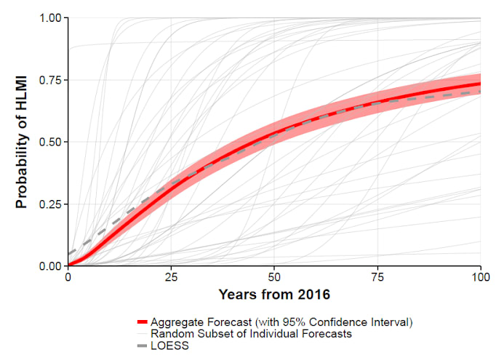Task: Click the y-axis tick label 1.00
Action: [50, 17]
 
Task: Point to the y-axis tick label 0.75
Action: [50, 80]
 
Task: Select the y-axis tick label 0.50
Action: [50, 142]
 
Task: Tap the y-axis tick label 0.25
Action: [50, 204]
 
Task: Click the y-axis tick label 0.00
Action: [50, 266]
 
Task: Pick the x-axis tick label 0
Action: [68, 278]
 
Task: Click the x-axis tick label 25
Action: [171, 278]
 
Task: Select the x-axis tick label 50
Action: [274, 278]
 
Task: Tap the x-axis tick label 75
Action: [377, 278]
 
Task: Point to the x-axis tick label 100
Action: [480, 278]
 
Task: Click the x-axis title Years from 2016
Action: [274, 295]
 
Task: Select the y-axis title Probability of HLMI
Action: [22, 142]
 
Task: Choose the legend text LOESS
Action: [169, 346]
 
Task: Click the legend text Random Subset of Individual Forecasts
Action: [251, 334]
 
